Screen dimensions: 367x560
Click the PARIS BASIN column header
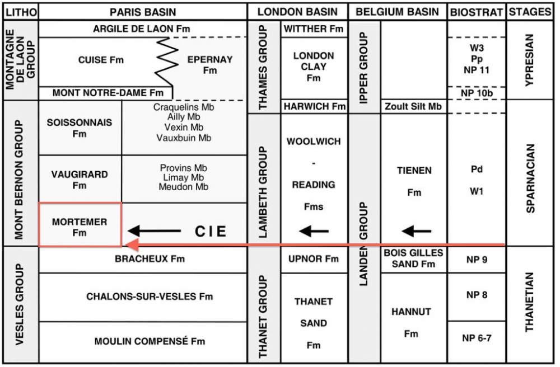click(x=143, y=12)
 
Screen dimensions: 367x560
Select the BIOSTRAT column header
click(x=476, y=12)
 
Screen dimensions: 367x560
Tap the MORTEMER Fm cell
click(x=80, y=227)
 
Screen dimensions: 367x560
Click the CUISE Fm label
click(x=101, y=60)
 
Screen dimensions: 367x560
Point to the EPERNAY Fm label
click(x=210, y=65)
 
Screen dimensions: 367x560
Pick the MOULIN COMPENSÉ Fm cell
click(x=150, y=341)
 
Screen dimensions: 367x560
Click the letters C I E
click(x=210, y=230)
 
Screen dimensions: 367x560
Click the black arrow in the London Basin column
click(x=314, y=230)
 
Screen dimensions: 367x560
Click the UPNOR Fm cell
click(x=314, y=259)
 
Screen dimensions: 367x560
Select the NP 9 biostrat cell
click(x=476, y=259)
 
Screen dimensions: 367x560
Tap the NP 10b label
click(x=476, y=93)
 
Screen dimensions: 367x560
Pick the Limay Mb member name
click(x=184, y=177)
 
